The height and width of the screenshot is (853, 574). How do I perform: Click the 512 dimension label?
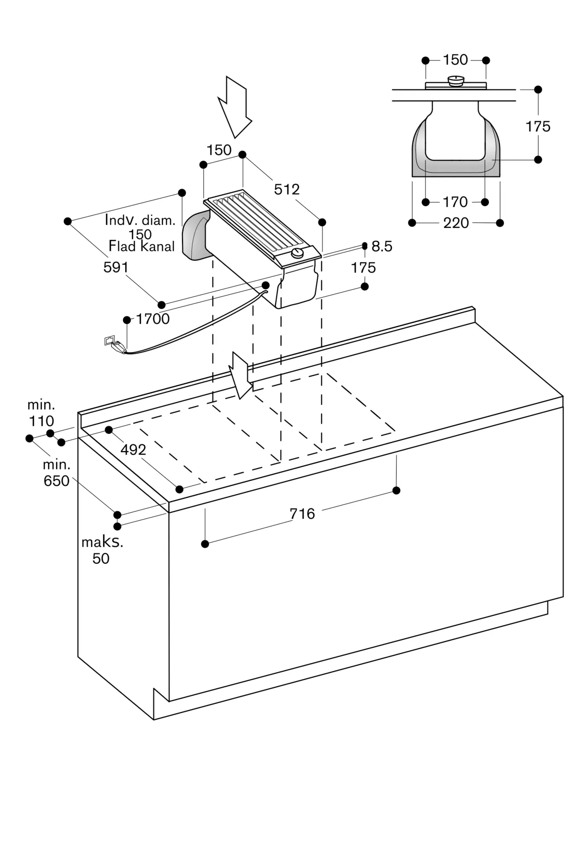[287, 189]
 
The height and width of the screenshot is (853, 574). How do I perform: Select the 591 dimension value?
[116, 267]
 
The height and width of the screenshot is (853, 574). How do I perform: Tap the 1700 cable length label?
[153, 319]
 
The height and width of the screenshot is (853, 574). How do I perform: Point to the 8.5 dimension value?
[382, 247]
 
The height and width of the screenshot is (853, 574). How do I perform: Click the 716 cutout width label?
[302, 514]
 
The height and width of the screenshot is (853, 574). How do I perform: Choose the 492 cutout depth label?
[133, 450]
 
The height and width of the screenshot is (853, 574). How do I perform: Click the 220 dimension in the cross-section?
[456, 223]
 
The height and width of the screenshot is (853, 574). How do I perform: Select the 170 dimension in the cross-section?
[455, 202]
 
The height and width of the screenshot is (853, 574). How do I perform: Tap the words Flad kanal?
[142, 247]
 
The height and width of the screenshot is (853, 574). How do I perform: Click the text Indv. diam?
[140, 221]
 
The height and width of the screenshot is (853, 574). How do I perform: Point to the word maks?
[102, 543]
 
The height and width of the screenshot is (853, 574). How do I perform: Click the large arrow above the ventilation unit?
[235, 107]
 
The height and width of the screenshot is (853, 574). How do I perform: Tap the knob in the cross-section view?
[456, 81]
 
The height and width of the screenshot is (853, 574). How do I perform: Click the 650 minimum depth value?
[56, 481]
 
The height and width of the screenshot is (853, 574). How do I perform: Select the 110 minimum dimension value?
[41, 421]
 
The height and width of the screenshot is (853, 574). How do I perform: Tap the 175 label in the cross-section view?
[538, 127]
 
